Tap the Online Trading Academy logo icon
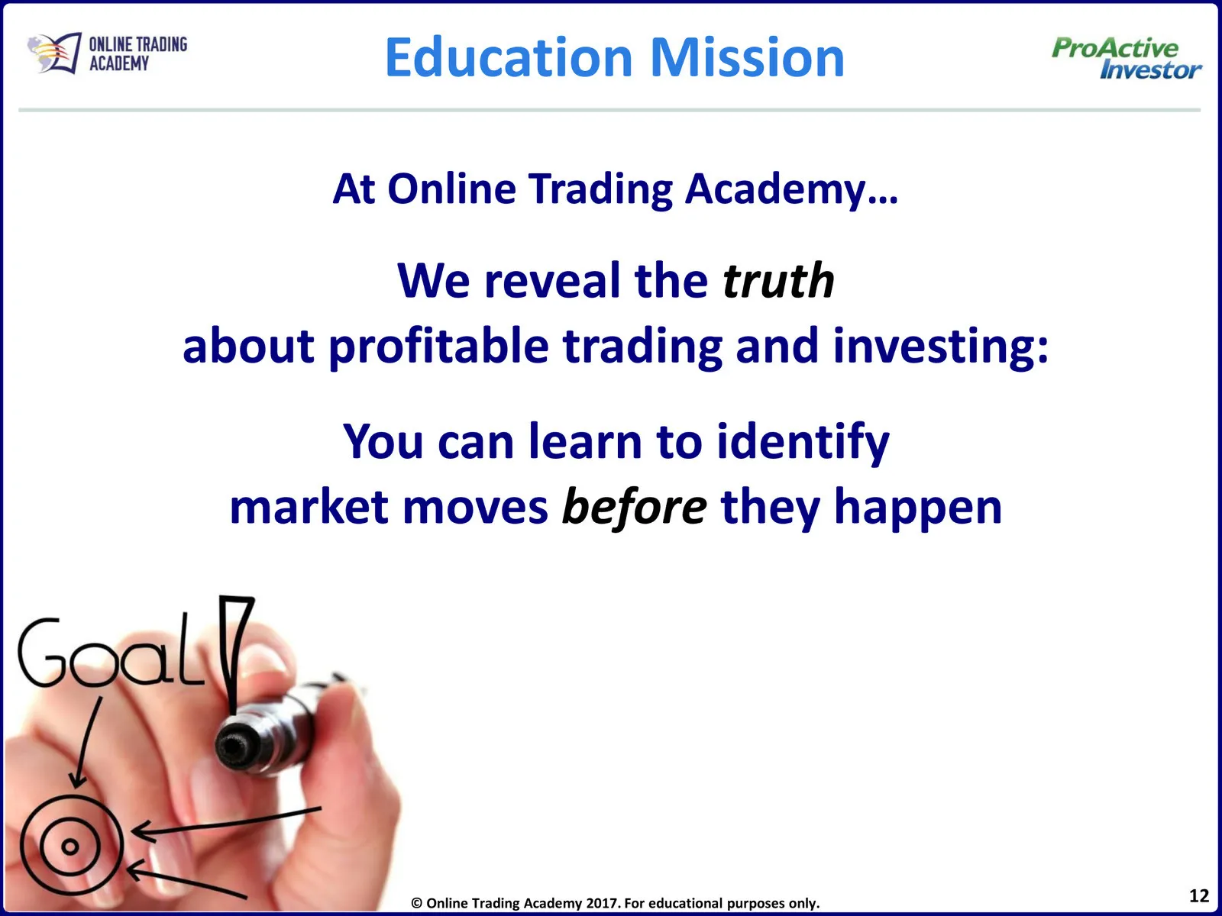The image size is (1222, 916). coord(54,53)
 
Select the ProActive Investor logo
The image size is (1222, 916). coord(1126,58)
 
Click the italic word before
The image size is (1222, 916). coord(635,507)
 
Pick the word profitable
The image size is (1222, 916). coord(438,346)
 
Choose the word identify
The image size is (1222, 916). coord(803,442)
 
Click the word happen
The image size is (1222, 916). coord(918,507)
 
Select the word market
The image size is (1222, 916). coord(309,507)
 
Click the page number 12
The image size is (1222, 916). coord(1198,895)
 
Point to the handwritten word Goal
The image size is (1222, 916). coord(112,652)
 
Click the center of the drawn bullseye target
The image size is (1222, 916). coord(70,847)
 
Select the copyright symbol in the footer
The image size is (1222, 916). coord(416,903)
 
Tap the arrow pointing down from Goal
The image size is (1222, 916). coord(88,742)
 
